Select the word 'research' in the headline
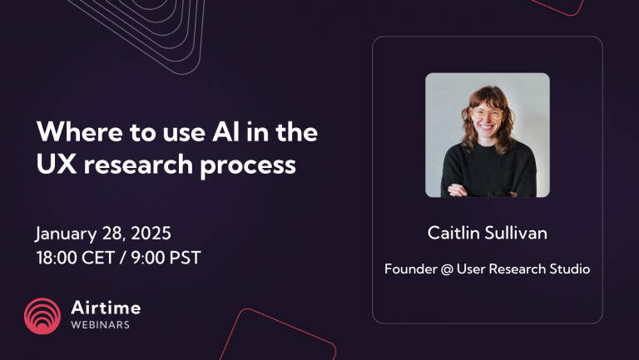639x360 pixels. click(x=141, y=165)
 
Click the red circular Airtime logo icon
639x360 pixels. click(x=42, y=315)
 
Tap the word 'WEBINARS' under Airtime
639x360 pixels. click(x=99, y=325)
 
